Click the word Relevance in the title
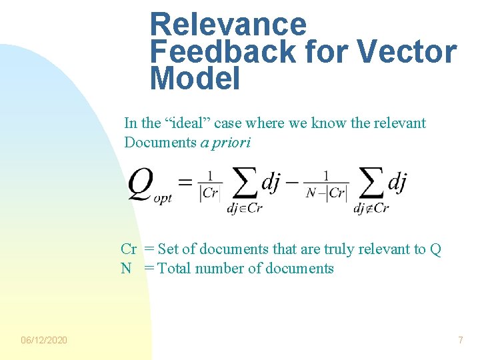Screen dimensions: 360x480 pos(228,25)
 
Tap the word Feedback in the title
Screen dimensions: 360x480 pos(218,51)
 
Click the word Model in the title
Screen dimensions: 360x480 pos(195,79)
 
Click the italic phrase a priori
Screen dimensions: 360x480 pos(225,142)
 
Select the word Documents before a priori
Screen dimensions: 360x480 pos(160,142)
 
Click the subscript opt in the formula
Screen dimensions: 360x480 pos(163,199)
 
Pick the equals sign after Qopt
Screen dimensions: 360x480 pos(186,181)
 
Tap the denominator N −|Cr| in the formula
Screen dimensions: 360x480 pos(327,193)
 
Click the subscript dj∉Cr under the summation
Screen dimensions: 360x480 pos(371,208)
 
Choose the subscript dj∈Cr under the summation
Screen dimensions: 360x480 pos(245,208)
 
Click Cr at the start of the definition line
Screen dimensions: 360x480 pos(129,249)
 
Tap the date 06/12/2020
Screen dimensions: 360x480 pos(44,341)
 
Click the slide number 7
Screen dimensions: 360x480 pos(460,341)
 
